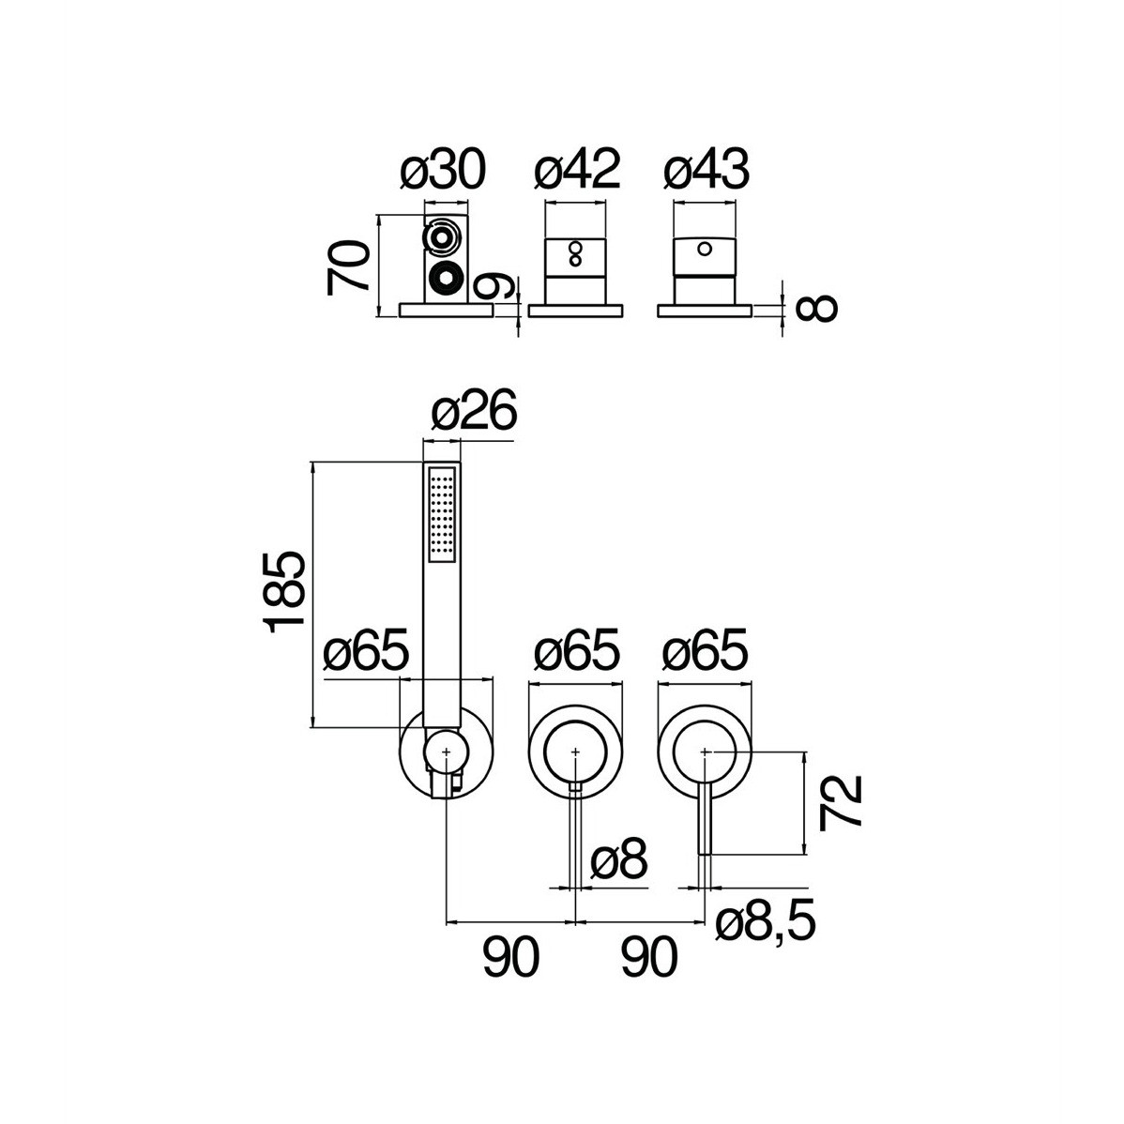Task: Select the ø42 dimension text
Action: (x=578, y=171)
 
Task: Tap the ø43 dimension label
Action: (x=706, y=171)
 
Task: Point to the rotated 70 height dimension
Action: (x=348, y=268)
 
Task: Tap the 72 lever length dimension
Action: (x=840, y=802)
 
